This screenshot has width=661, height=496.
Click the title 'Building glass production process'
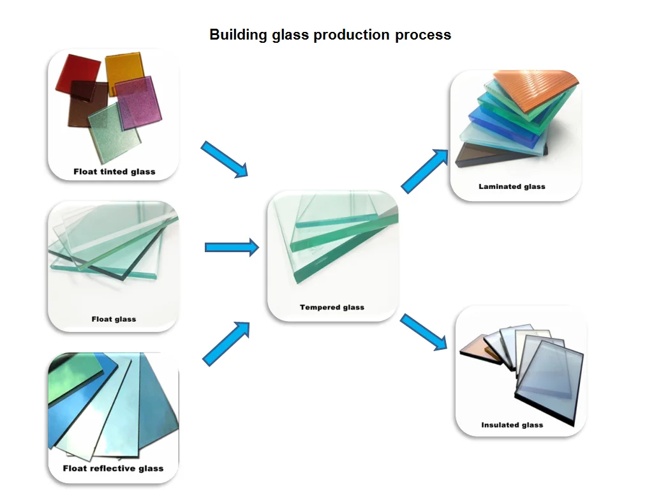click(x=330, y=34)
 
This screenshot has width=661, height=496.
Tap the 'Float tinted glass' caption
click(x=114, y=172)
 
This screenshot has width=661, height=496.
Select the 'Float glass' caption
click(x=114, y=319)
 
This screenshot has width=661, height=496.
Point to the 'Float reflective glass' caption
click(x=113, y=468)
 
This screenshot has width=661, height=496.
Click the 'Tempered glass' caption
click(x=332, y=307)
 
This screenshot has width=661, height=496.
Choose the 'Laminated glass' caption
click(x=512, y=186)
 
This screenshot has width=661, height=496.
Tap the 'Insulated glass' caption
click(x=512, y=425)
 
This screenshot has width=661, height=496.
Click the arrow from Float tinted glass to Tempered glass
click(x=225, y=159)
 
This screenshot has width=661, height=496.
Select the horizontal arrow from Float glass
click(x=232, y=247)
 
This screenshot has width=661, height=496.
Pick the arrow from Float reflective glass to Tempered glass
click(x=227, y=343)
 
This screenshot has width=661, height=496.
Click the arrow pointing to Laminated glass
click(x=424, y=171)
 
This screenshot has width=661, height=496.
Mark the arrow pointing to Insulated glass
click(x=424, y=332)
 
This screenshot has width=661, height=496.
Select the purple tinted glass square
click(x=138, y=103)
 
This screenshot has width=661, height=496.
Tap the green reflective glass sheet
click(x=74, y=377)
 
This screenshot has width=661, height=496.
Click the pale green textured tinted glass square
click(x=115, y=132)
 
